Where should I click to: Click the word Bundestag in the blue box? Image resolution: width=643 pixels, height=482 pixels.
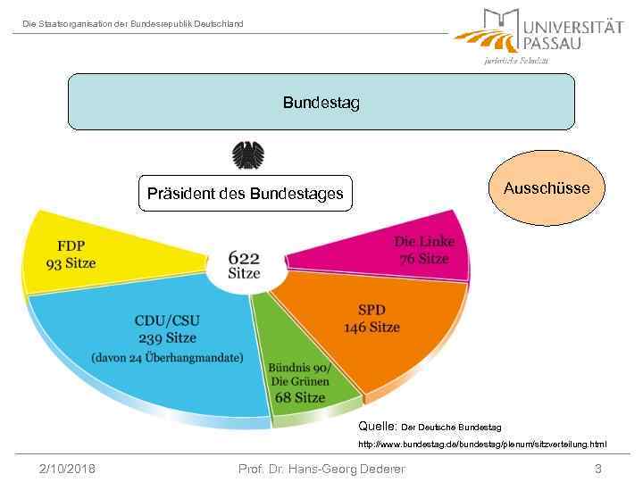tap(321, 103)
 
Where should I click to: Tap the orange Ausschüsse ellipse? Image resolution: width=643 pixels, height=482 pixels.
tap(547, 188)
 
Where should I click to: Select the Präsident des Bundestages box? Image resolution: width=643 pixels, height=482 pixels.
tap(246, 193)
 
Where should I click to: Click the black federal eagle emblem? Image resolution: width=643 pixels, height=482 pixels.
tap(247, 155)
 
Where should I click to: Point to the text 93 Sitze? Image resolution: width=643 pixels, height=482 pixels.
tap(71, 263)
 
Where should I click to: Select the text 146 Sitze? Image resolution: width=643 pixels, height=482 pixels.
tap(372, 327)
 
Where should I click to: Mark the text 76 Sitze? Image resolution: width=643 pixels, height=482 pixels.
tap(423, 259)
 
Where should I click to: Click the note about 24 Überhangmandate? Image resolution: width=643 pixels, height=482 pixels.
tap(167, 358)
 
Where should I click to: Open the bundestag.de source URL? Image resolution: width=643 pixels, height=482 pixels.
tap(482, 444)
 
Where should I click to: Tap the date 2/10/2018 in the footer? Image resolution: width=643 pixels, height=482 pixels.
tap(68, 469)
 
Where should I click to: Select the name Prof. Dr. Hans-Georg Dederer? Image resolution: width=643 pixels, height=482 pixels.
tap(321, 469)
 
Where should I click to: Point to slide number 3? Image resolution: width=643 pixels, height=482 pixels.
tap(597, 469)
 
